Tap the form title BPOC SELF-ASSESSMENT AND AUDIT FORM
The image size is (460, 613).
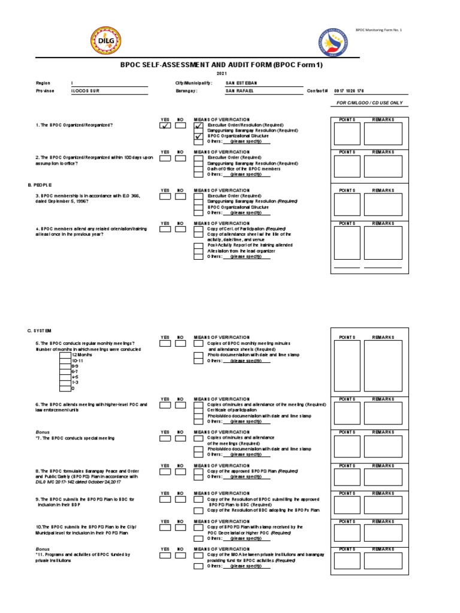[222, 65]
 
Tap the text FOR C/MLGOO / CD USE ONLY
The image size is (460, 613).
[370, 103]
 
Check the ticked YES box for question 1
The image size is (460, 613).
[165, 126]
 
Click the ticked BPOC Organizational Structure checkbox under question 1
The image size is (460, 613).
[198, 136]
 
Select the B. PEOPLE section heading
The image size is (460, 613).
[40, 185]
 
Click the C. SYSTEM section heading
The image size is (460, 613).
[40, 330]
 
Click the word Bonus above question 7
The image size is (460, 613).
[42, 431]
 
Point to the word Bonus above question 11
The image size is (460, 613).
[42, 548]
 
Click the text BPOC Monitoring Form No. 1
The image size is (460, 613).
[379, 29]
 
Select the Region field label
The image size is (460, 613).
[43, 83]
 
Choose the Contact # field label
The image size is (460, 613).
[317, 91]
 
